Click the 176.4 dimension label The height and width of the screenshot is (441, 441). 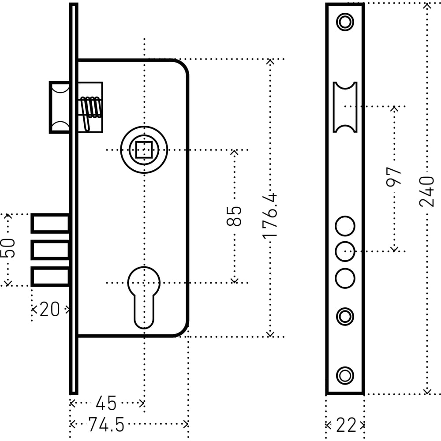tap(270, 216)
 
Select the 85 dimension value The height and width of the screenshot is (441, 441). tap(234, 216)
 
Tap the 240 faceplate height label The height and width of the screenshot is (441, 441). tap(426, 192)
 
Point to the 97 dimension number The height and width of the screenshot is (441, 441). tap(393, 177)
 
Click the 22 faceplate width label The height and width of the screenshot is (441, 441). tap(346, 425)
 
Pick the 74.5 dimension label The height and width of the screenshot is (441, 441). tap(106, 424)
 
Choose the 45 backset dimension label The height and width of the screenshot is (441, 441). tap(106, 404)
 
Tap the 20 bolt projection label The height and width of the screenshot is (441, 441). tap(50, 310)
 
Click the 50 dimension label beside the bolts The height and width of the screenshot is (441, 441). tap(7, 248)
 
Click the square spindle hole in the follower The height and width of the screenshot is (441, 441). tap(144, 150)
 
